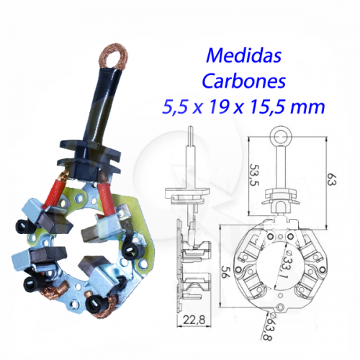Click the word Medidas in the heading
coord(243,55)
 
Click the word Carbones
coord(244,81)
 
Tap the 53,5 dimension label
coord(255,175)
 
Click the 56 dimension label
coord(225,271)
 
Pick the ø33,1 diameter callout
coord(287,266)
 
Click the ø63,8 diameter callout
coord(268,327)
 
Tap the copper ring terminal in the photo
coord(114,57)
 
